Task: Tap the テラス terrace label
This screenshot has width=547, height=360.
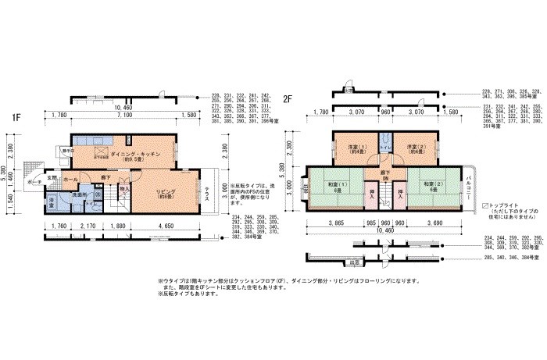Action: click(207, 194)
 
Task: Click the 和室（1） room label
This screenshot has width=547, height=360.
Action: click(338, 186)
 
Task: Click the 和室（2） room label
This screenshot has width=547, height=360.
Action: click(434, 186)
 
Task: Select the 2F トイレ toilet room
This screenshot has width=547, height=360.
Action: click(384, 148)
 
